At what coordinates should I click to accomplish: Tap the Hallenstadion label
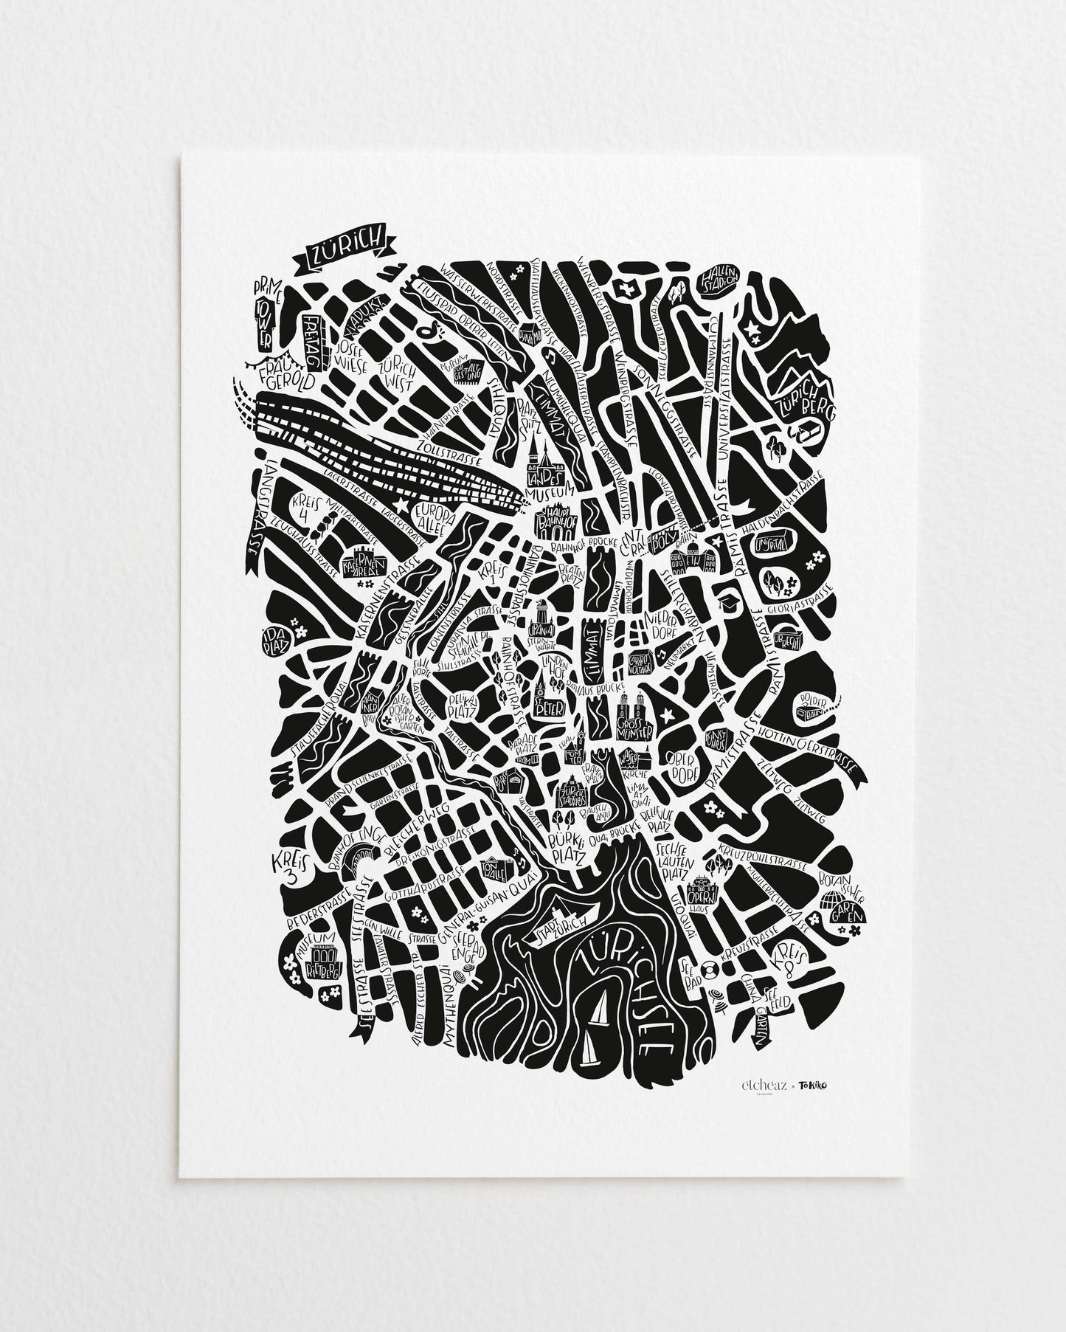(x=721, y=279)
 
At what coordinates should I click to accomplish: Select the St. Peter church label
(x=550, y=707)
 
